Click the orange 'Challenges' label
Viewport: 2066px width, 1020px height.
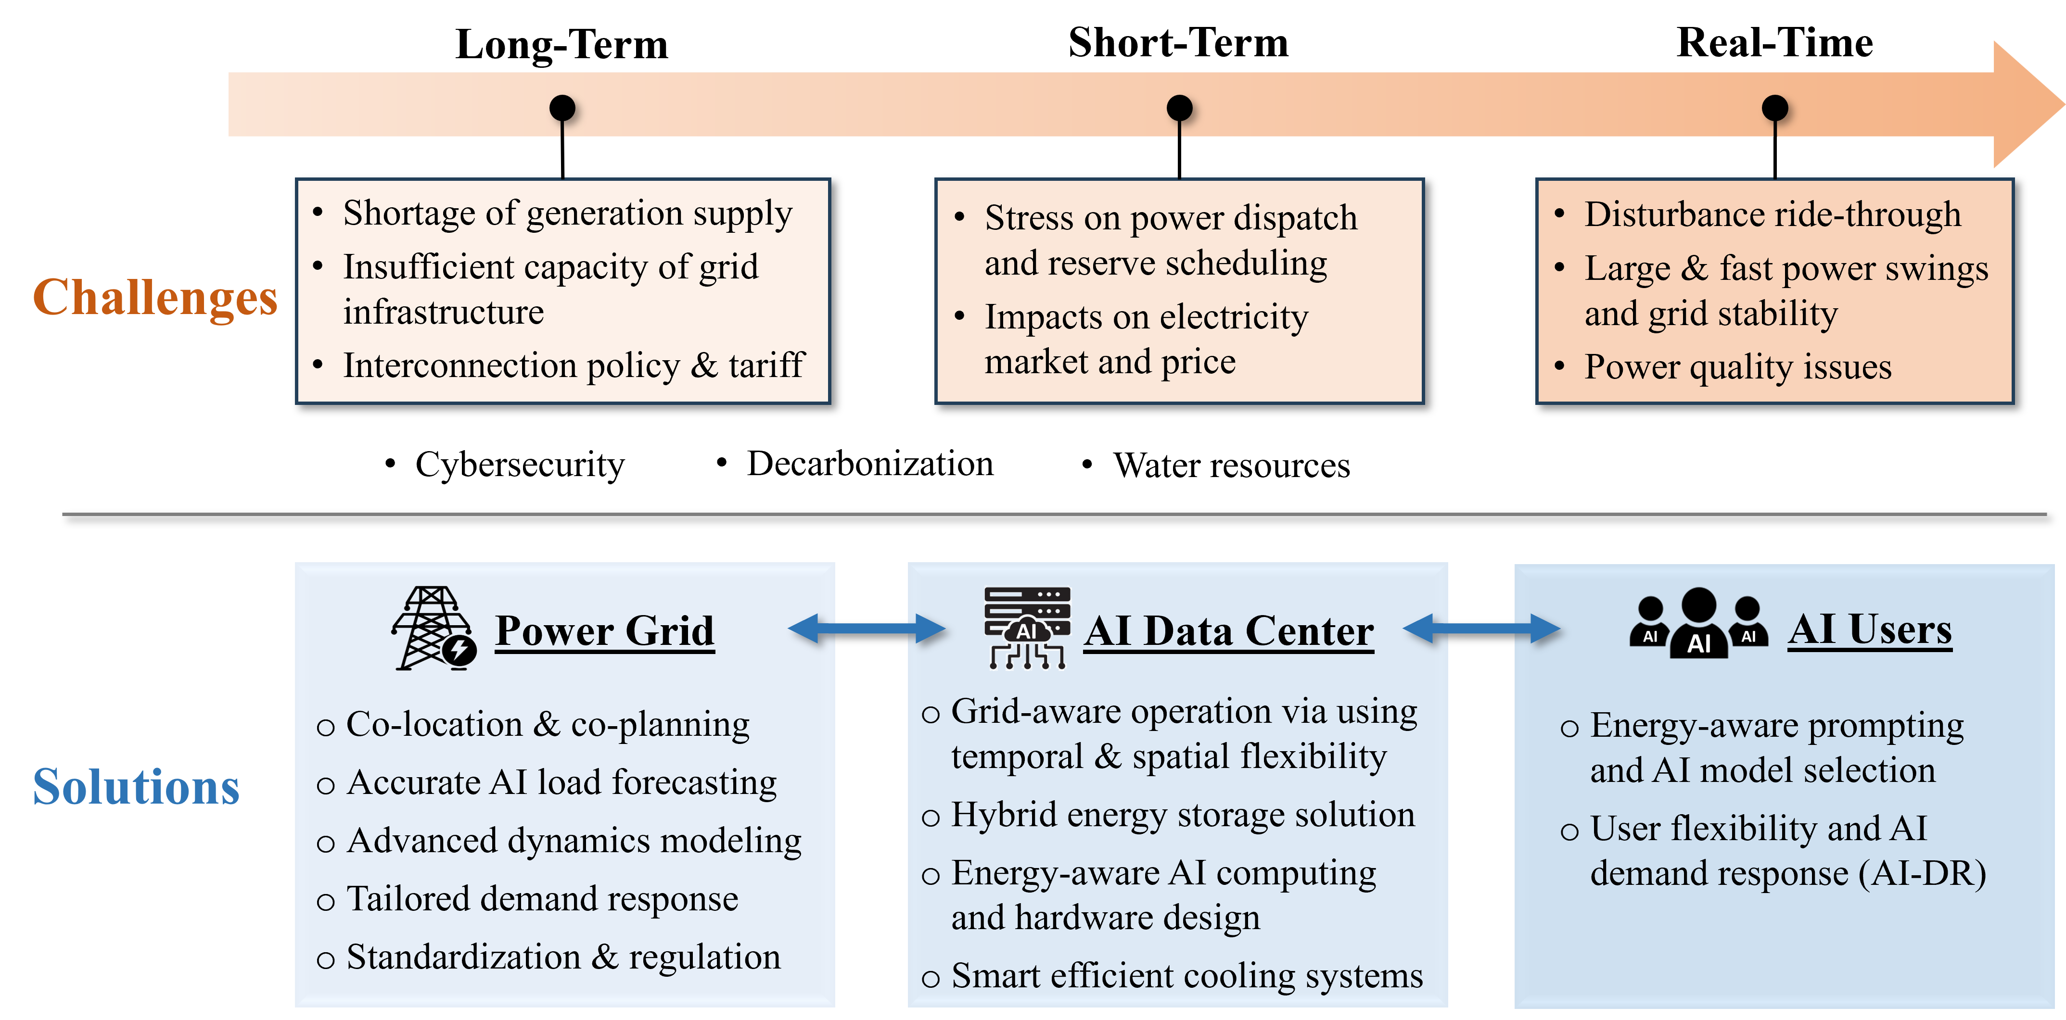pos(155,298)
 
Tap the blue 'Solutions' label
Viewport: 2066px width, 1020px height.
pos(136,787)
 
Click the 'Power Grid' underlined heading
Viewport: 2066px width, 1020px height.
pos(605,630)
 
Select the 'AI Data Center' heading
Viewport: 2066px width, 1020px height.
pos(1229,630)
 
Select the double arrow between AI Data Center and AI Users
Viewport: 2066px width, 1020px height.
pos(1482,629)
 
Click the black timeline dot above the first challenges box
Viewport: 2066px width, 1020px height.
pos(562,107)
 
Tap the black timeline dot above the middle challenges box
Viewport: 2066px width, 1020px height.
pos(1179,107)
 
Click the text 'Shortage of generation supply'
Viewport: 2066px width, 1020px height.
pos(567,214)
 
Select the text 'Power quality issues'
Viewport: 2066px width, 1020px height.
pos(1737,367)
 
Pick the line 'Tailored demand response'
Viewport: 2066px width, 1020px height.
pos(542,899)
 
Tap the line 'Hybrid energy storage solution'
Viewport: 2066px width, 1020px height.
pos(1182,815)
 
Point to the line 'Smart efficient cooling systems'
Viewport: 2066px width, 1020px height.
pos(1186,976)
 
